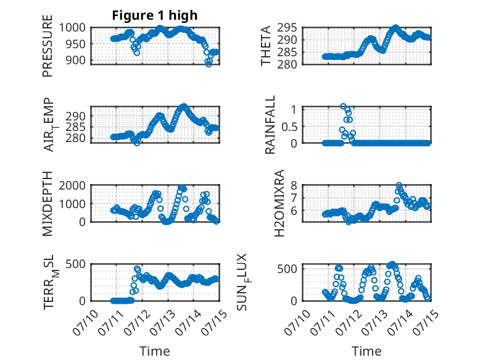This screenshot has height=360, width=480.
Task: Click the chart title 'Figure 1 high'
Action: pyautogui.click(x=155, y=15)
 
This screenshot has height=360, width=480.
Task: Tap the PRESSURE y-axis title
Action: pyautogui.click(x=48, y=46)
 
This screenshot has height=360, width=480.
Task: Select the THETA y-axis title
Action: pyautogui.click(x=266, y=46)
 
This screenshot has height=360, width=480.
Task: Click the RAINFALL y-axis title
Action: pyautogui.click(x=270, y=125)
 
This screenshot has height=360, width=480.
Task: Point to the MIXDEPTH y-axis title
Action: pyautogui.click(x=48, y=203)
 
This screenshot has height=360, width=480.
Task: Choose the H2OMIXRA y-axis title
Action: pyautogui.click(x=279, y=203)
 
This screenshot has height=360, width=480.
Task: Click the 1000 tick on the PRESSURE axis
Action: pyautogui.click(x=72, y=28)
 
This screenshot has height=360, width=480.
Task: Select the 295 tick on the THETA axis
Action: pyautogui.click(x=287, y=28)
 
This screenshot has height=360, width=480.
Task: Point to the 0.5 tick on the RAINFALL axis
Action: pyautogui.click(x=289, y=126)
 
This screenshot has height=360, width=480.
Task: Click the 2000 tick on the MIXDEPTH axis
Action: pyautogui.click(x=72, y=185)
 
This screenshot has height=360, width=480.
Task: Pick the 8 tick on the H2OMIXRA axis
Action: pyautogui.click(x=294, y=185)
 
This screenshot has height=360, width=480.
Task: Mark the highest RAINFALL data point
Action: pyautogui.click(x=343, y=106)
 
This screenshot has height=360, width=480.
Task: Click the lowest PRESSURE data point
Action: pyautogui.click(x=209, y=64)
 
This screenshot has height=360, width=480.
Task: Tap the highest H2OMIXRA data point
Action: pyautogui.click(x=399, y=185)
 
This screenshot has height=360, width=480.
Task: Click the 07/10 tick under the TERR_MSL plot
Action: pyautogui.click(x=86, y=322)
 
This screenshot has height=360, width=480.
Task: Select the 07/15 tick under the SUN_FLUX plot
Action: pyautogui.click(x=426, y=322)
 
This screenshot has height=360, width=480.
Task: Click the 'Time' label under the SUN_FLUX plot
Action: pyautogui.click(x=366, y=351)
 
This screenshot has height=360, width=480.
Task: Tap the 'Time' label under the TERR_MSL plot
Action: pyautogui.click(x=155, y=351)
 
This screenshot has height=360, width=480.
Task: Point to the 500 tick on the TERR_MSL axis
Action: pyautogui.click(x=75, y=264)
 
